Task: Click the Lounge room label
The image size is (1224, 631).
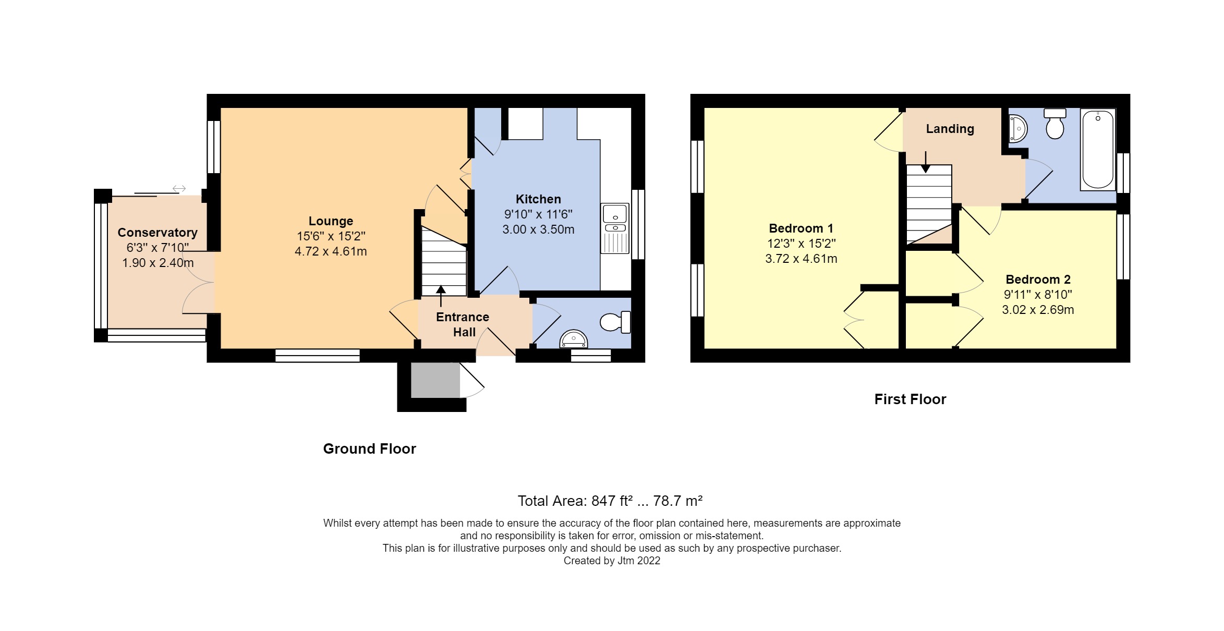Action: pos(331,221)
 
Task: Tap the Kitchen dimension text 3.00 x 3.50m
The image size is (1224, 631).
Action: pos(538,229)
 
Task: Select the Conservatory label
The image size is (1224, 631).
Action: pos(157,233)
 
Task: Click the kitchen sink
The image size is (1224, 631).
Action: pos(615,214)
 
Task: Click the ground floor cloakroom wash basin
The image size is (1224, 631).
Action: pos(573,339)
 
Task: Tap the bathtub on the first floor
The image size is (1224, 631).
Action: pos(1098,150)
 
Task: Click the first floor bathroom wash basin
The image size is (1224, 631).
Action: pos(1017,128)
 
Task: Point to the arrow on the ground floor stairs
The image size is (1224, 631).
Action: pos(441,295)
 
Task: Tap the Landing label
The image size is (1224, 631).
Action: pos(950,129)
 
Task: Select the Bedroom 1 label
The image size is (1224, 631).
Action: pos(801,228)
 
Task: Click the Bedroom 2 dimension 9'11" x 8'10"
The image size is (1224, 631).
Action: pos(1037,295)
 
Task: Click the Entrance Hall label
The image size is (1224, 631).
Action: pos(463,324)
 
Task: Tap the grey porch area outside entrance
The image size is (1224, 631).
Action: pos(435,380)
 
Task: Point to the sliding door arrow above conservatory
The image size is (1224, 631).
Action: pos(179,188)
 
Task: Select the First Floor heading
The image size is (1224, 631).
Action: pos(910,399)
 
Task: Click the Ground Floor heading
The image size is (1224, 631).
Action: pos(369,449)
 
